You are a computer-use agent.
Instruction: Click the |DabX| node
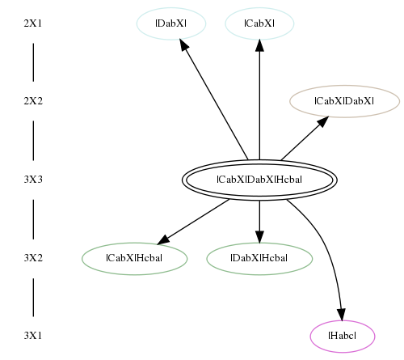point(171,23)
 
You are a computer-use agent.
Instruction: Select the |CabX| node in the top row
point(259,23)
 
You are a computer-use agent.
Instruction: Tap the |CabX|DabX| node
point(344,101)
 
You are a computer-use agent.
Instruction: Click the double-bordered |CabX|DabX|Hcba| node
point(259,180)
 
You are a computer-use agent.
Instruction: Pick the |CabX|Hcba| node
point(134,258)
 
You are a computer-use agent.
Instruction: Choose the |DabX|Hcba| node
point(259,258)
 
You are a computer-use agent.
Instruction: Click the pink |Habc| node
point(343,337)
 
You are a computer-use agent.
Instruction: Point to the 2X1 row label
point(33,23)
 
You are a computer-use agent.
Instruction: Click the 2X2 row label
point(33,101)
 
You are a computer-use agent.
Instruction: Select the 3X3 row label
point(33,180)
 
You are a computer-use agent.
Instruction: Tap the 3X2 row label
point(33,258)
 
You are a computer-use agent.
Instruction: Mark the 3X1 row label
point(33,336)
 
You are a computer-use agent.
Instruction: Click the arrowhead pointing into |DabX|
point(183,44)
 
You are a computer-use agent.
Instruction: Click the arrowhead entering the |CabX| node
point(259,45)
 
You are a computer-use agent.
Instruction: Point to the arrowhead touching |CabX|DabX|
point(323,121)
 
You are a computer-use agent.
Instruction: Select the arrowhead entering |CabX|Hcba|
point(163,239)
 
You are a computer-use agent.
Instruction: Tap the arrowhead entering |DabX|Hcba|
point(259,237)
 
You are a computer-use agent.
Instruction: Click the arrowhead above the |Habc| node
point(342,315)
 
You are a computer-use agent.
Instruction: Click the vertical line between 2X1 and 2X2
point(33,62)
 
